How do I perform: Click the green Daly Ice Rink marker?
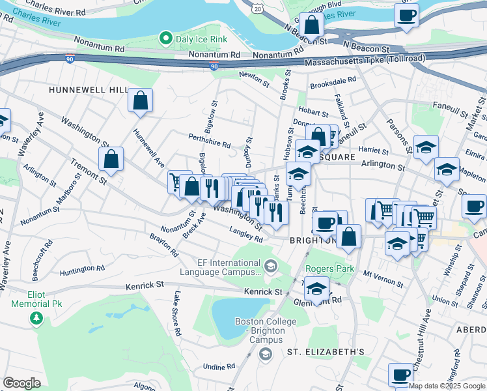(x=167, y=39)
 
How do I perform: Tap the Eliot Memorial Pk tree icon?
(x=37, y=318)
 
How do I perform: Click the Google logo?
(x=21, y=383)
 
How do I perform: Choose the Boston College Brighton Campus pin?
(x=265, y=354)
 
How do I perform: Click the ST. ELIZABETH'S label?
(x=326, y=352)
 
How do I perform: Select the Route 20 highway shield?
(x=258, y=9)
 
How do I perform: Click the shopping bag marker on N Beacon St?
(x=312, y=25)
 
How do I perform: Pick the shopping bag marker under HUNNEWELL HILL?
(x=140, y=101)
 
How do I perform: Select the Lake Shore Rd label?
(x=176, y=313)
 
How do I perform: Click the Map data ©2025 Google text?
(x=447, y=386)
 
